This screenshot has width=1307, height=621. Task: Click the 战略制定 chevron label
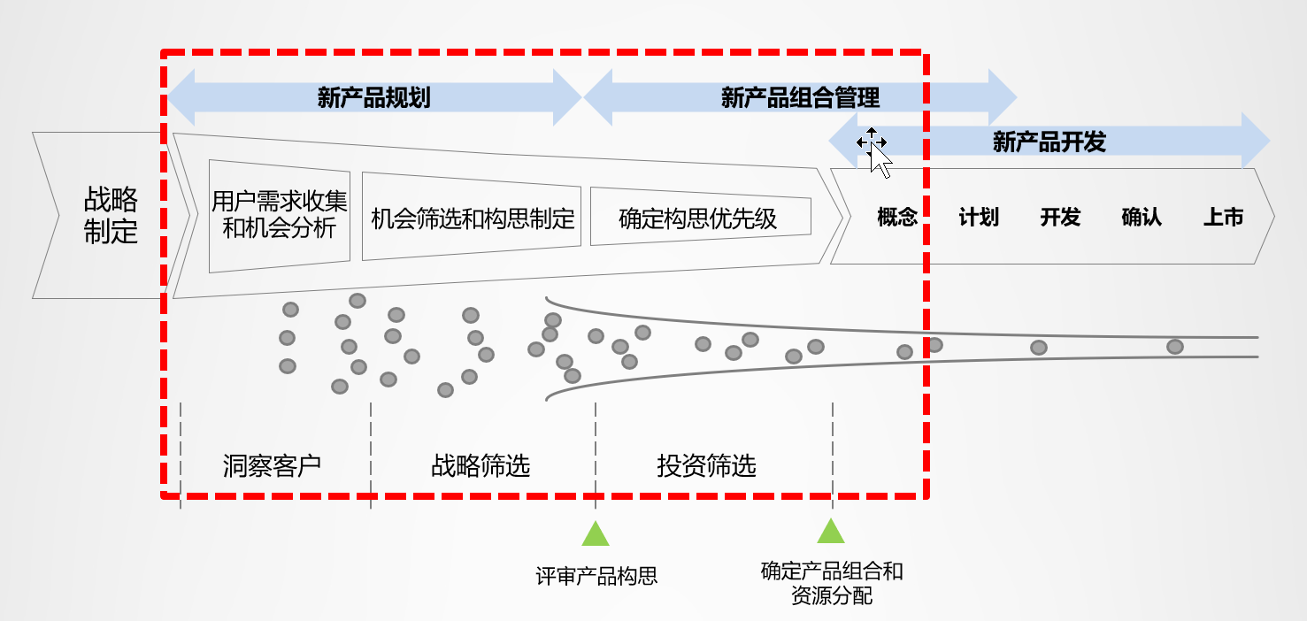pyautogui.click(x=111, y=215)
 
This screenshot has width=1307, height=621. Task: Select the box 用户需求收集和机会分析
pyautogui.click(x=279, y=215)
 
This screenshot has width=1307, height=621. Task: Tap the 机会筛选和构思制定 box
pyautogui.click(x=473, y=218)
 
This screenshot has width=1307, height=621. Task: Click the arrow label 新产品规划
pyautogui.click(x=373, y=97)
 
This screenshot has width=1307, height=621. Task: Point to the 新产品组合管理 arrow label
pyautogui.click(x=800, y=97)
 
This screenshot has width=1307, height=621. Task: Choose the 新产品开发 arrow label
pyautogui.click(x=1049, y=142)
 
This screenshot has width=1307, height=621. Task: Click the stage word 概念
pyautogui.click(x=897, y=218)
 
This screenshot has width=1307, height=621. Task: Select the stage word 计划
pyautogui.click(x=979, y=218)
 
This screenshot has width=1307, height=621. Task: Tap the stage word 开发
pyautogui.click(x=1060, y=218)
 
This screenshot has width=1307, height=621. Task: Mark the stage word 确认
pyautogui.click(x=1142, y=218)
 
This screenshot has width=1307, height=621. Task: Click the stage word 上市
pyautogui.click(x=1223, y=218)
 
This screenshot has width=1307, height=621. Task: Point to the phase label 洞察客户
pyautogui.click(x=272, y=465)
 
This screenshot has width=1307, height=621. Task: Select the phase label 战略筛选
pyautogui.click(x=481, y=465)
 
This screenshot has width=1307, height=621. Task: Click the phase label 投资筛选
pyautogui.click(x=706, y=465)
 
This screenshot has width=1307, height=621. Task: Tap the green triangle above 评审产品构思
pyautogui.click(x=596, y=533)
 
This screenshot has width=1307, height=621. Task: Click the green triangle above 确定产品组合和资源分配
pyautogui.click(x=831, y=531)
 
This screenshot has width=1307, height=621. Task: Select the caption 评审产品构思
pyautogui.click(x=596, y=577)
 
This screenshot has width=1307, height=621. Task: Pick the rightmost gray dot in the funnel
pyautogui.click(x=1174, y=347)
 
